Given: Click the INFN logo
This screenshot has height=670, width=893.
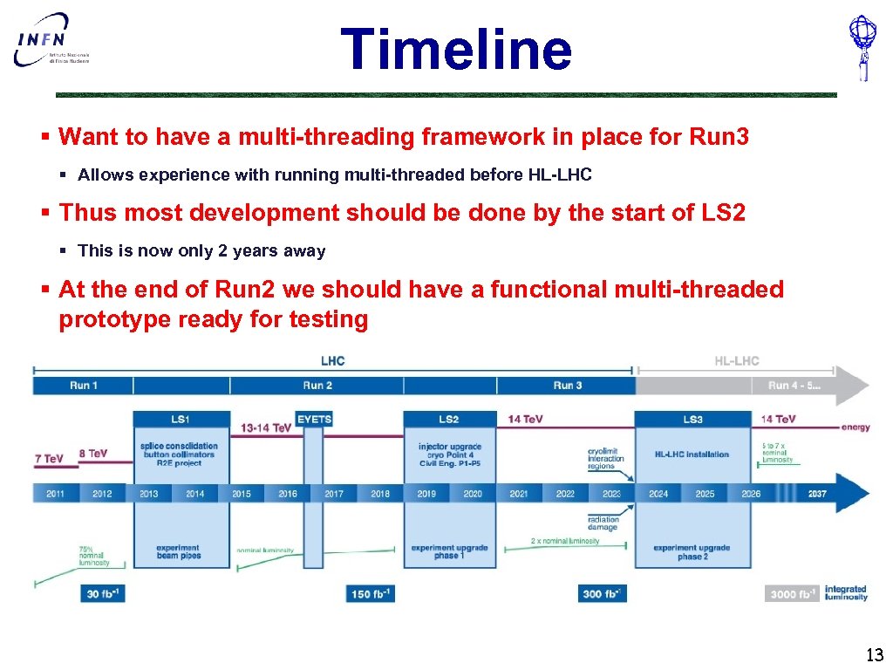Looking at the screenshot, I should [x=52, y=41].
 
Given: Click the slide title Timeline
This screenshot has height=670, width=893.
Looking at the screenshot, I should [x=455, y=49].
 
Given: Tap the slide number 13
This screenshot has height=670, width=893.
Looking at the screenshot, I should [x=874, y=654].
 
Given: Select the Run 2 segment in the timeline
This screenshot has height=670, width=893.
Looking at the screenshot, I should [x=317, y=386].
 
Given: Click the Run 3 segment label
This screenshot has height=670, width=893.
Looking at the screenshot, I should [x=567, y=386].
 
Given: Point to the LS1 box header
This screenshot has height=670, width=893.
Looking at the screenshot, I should [x=181, y=420].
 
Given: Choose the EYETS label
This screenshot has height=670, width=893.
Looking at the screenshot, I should [x=314, y=420].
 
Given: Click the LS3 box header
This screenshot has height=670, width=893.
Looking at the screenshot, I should [x=692, y=420].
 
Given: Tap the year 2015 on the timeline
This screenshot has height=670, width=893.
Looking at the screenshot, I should [x=242, y=494].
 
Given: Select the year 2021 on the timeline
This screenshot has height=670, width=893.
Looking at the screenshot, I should [x=519, y=494].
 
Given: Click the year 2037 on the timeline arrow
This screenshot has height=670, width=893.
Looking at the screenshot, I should [x=817, y=494].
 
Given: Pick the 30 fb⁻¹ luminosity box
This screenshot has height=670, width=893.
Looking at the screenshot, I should [x=104, y=594].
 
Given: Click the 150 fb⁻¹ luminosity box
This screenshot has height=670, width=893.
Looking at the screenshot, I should [x=371, y=594].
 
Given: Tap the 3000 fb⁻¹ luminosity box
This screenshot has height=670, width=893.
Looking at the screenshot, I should [x=792, y=594].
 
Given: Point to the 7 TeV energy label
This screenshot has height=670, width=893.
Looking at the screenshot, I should [x=49, y=458].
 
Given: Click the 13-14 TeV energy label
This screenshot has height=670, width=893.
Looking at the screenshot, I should [x=266, y=428].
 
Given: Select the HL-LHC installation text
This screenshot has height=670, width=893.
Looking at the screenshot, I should [x=692, y=455].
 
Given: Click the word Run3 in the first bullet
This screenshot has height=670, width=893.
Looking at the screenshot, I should [x=719, y=137].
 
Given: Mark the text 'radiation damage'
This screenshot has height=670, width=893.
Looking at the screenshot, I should [x=603, y=523].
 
